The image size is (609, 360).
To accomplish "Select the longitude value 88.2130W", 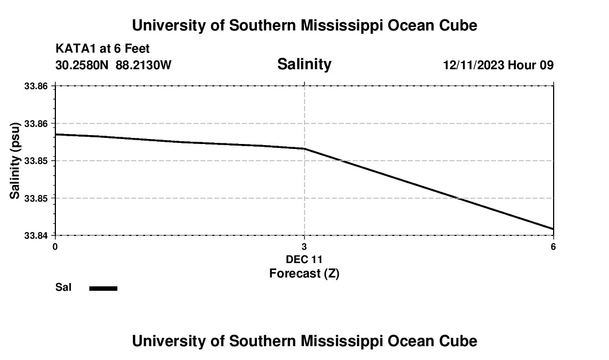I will [143, 65].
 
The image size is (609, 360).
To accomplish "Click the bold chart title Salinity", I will [304, 64].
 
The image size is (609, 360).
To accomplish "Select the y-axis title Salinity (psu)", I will [16, 161].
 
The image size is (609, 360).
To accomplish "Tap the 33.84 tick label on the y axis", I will [37, 235].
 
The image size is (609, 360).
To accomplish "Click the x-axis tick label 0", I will [55, 246].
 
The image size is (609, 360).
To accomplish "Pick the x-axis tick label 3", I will [304, 246].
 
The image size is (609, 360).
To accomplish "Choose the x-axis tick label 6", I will [553, 246].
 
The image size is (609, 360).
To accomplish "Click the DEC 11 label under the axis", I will [304, 259].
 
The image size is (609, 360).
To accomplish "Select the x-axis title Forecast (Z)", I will [304, 273].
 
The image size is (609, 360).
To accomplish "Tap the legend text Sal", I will [63, 287].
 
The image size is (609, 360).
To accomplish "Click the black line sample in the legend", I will [104, 288].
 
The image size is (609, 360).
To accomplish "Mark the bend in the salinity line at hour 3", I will [304, 148].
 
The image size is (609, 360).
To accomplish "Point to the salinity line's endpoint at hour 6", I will [553, 229].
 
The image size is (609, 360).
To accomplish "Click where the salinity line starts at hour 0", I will [56, 134].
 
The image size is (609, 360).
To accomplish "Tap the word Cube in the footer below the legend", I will [459, 341].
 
